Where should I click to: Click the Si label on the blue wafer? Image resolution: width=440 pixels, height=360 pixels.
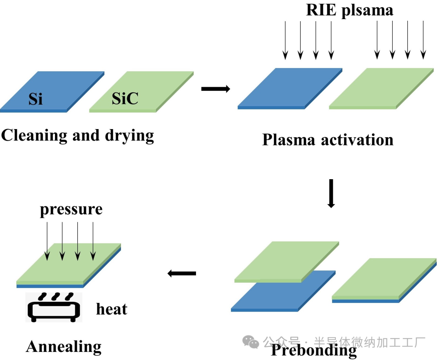(x=35, y=99)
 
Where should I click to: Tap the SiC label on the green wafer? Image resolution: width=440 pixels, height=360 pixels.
(x=125, y=99)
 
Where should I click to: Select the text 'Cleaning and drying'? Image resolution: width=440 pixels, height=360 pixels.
(x=77, y=135)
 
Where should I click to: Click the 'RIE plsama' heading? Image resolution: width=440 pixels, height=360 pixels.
(x=350, y=10)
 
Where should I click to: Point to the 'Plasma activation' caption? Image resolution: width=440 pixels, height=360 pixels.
(x=328, y=140)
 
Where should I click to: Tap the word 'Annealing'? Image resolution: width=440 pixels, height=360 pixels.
(x=64, y=347)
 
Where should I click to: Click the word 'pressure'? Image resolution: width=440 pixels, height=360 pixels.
(x=71, y=209)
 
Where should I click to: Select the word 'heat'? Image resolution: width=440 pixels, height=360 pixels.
(x=112, y=309)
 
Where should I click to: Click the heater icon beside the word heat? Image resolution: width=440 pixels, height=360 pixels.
(x=53, y=307)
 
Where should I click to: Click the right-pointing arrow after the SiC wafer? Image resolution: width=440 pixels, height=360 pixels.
(x=216, y=89)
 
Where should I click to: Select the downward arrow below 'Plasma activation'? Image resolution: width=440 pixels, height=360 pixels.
(x=331, y=193)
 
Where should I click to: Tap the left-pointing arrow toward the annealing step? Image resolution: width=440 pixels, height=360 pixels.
(x=182, y=273)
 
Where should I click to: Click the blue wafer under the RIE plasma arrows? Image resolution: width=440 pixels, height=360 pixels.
(x=290, y=88)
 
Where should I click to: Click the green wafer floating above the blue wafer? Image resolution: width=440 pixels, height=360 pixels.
(x=287, y=261)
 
